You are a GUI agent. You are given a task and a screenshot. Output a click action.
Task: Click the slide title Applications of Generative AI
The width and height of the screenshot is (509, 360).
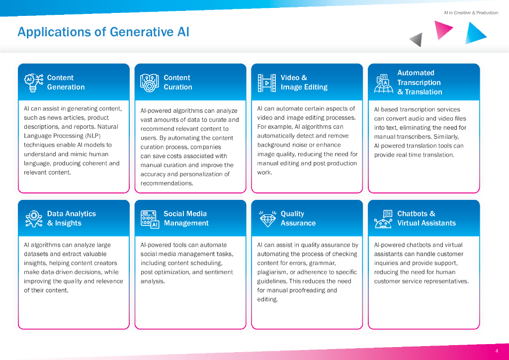coord(103,32)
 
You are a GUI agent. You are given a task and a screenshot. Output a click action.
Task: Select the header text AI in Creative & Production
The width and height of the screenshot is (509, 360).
coord(471,13)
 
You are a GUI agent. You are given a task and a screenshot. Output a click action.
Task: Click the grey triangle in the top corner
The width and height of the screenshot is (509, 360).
coord(417,39)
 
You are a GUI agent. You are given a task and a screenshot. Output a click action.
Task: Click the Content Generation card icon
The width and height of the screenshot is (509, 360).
coord(33,83)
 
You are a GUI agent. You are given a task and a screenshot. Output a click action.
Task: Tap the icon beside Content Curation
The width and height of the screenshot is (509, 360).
coord(150,83)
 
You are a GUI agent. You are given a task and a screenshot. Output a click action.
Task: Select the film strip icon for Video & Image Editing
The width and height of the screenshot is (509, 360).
coord(266,83)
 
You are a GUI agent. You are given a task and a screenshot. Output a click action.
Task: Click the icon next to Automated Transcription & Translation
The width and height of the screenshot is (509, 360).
coord(383,83)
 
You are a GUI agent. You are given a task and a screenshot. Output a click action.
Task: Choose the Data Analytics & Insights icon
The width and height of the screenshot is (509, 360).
coord(33,219)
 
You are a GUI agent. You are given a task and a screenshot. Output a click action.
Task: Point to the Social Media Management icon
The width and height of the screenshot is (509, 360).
coord(150,219)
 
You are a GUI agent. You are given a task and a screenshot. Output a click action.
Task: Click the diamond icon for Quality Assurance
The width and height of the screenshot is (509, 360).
coord(267,219)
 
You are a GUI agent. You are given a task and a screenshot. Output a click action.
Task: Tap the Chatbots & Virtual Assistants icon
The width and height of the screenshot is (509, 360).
coord(383,219)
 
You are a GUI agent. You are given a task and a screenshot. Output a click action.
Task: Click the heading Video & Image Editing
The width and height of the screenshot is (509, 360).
coord(304,83)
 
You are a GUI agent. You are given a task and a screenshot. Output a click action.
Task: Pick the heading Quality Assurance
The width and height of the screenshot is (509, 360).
coord(298,218)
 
